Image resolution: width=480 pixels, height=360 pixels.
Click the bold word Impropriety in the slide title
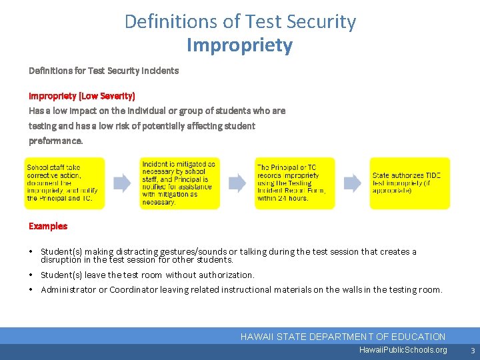coord(240,45)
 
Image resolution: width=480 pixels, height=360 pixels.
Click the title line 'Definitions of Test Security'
coord(240,21)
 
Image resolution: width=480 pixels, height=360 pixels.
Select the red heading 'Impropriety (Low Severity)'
coord(81,96)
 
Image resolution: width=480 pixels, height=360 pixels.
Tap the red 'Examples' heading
coord(48,226)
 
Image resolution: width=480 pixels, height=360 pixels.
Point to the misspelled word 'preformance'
coord(55,141)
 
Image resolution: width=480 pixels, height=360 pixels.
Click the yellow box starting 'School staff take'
coord(65,183)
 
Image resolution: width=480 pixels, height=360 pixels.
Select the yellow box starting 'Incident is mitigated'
coord(179,183)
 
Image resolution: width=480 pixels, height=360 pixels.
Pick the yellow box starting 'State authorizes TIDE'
coord(410,183)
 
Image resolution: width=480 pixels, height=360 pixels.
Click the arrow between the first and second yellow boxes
coord(122,183)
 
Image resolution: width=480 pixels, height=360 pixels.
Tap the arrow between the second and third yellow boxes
coord(237,183)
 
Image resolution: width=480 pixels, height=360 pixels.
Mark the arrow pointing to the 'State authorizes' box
coord(352,183)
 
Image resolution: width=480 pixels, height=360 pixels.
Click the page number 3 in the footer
coord(472,350)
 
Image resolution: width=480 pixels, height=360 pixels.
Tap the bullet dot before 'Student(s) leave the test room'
coord(31,275)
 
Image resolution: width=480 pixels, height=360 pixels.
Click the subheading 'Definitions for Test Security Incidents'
coord(103,70)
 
